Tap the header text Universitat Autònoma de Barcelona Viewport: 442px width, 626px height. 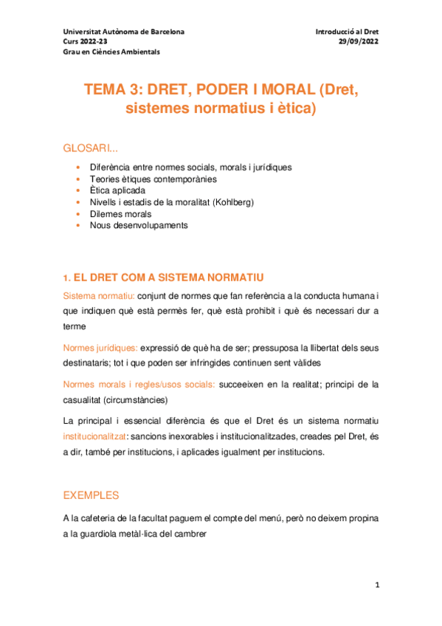(124, 32)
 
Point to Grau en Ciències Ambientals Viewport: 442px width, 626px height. (111, 52)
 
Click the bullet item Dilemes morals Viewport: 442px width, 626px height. (120, 213)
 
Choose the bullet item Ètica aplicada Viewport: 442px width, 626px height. (118, 190)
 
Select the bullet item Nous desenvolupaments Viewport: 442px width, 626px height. (138, 225)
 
